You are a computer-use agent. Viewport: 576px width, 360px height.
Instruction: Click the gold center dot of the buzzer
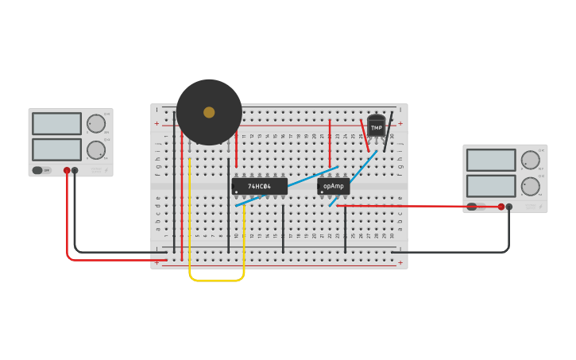click(209, 112)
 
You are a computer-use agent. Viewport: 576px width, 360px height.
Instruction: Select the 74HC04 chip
click(259, 186)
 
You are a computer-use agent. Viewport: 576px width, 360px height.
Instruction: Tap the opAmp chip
click(334, 186)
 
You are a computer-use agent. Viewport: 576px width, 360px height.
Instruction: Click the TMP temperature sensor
click(376, 126)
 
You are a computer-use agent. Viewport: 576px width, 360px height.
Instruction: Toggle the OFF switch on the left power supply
click(41, 170)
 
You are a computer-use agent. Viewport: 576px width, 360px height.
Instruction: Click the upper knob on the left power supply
click(95, 123)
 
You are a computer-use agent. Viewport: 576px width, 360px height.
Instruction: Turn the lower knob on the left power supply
click(95, 149)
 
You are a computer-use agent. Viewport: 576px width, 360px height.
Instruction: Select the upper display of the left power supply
click(56, 123)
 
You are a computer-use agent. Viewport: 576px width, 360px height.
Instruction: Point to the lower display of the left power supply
click(56, 149)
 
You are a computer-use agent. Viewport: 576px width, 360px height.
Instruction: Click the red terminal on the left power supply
click(67, 170)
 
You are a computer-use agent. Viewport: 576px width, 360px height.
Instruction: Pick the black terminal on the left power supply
click(75, 170)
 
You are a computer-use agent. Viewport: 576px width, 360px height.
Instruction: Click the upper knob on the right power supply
click(530, 160)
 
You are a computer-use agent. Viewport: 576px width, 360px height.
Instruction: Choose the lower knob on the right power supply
click(530, 187)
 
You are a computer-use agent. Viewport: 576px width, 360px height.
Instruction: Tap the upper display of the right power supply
click(491, 160)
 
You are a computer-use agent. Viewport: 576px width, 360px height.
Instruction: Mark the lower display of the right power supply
click(491, 186)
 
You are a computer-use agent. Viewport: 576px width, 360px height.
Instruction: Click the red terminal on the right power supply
click(501, 207)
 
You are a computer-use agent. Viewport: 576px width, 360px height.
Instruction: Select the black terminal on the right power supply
click(509, 207)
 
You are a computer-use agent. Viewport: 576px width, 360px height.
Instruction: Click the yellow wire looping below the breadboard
click(216, 281)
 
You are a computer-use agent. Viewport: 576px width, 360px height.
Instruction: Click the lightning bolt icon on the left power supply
click(106, 170)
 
